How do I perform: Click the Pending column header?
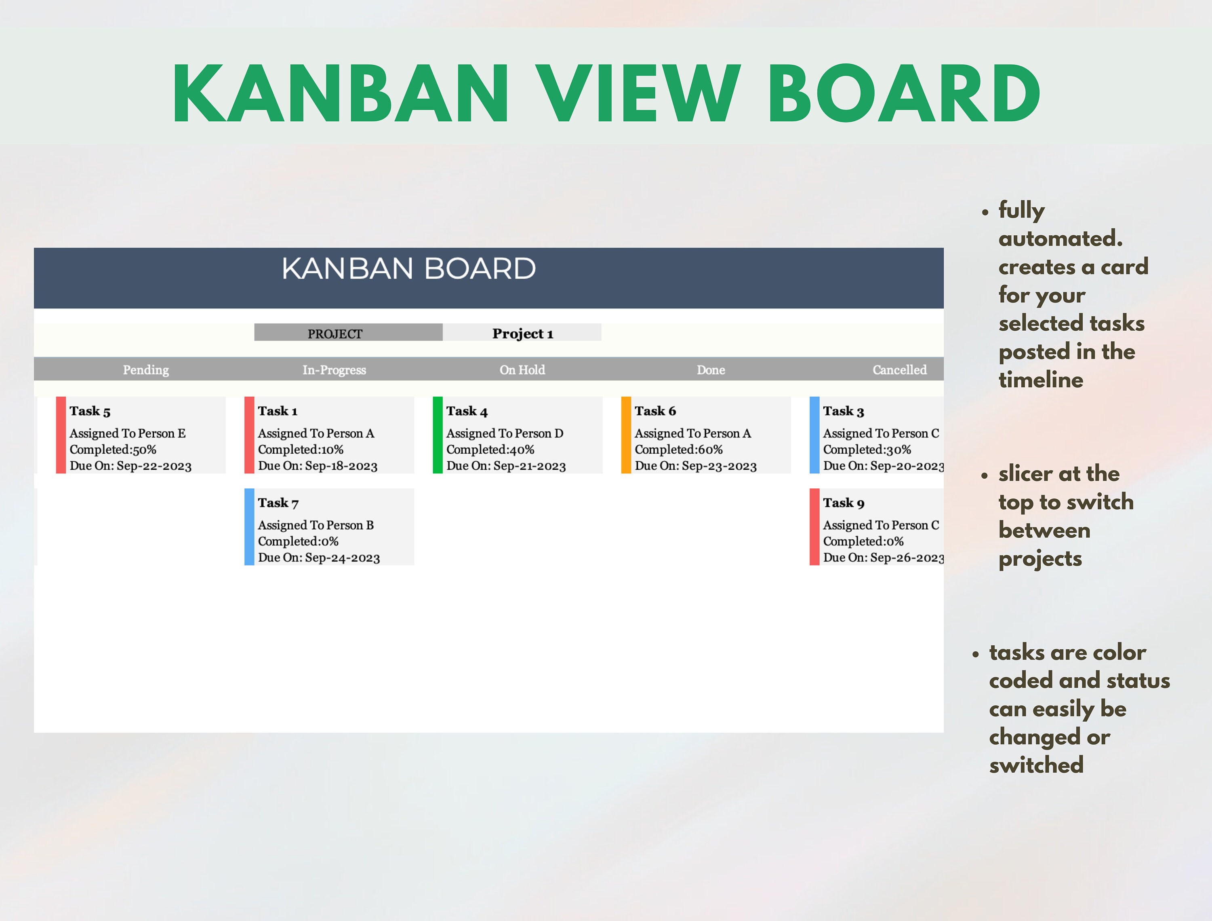click(x=146, y=370)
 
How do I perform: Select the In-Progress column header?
click(x=334, y=370)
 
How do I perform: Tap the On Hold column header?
click(x=522, y=370)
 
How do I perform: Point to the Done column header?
click(x=711, y=370)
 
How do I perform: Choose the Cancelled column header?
click(x=900, y=370)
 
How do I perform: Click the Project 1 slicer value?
click(x=522, y=333)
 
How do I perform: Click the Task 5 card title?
click(x=90, y=411)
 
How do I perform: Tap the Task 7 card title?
click(x=278, y=503)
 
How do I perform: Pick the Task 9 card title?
click(x=844, y=503)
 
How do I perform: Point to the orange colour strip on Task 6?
click(x=626, y=435)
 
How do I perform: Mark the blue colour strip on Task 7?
click(x=249, y=527)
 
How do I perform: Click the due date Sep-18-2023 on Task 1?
click(x=341, y=466)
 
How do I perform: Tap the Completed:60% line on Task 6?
click(x=679, y=450)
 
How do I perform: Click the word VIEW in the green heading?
click(x=638, y=93)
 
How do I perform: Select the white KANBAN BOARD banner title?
click(x=409, y=268)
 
